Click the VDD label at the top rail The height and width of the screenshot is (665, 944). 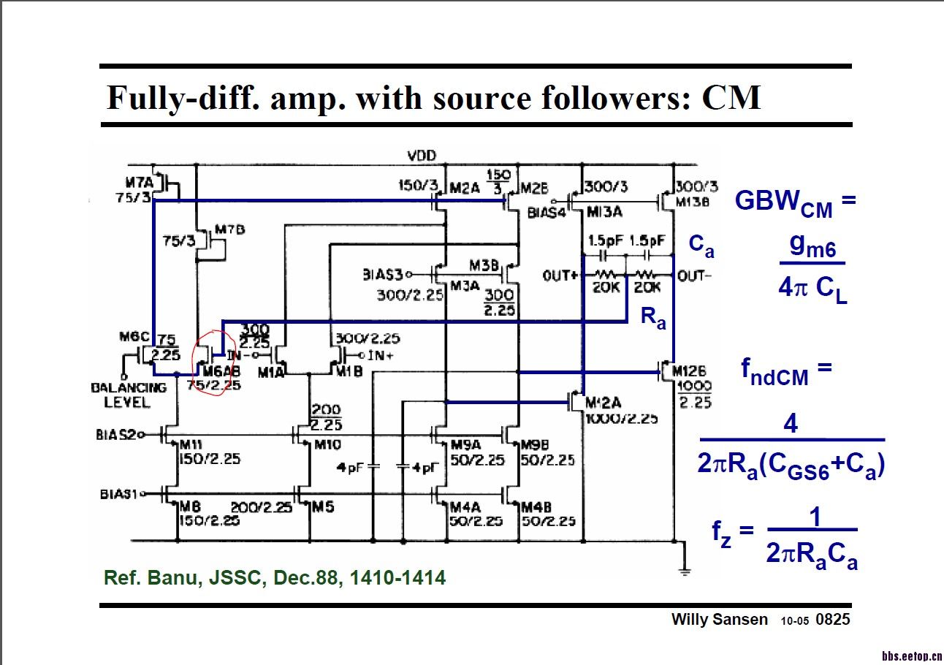[x=421, y=156]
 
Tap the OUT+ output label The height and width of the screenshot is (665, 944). [x=561, y=275]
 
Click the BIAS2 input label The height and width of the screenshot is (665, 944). [x=116, y=434]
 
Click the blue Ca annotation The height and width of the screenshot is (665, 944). [x=701, y=247]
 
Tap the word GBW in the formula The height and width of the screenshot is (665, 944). [x=768, y=200]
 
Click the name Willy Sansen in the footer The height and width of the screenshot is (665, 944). [x=720, y=620]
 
